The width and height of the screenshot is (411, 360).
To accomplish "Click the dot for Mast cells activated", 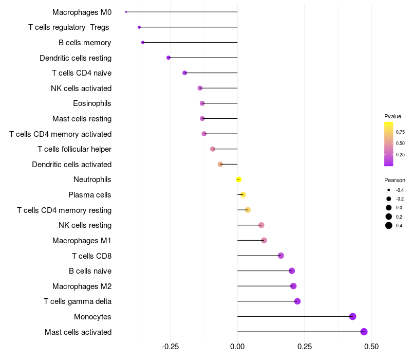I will pos(364,332).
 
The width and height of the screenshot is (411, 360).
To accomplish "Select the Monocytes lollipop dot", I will pos(352,316).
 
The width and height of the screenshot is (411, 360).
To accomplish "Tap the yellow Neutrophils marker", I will pos(238,179).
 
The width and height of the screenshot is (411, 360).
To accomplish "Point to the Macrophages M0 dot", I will pos(126,12).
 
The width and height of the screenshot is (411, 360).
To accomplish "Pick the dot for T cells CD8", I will pos(281,256).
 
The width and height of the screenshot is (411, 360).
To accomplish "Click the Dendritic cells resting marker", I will pos(169,58).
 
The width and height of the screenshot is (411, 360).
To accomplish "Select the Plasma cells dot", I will pos(243,194).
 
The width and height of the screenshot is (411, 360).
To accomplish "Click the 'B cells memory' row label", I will pos(85,43).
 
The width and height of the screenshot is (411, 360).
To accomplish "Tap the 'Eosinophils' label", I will pos(92,103).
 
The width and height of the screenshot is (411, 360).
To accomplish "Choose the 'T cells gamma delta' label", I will pos(78,301).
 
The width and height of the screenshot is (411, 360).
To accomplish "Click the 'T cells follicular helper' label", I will pos(74,149).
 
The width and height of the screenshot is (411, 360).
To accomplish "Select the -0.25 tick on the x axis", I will pos(171,347).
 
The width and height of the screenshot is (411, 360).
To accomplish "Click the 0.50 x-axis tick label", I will pos(371,347).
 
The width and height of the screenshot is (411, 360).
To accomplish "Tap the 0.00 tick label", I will pos(237,347).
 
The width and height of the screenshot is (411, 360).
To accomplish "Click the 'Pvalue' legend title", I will pos(393,116).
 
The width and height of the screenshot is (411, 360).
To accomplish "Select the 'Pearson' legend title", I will pos(395,180).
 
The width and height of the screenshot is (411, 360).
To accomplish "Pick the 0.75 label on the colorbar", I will pos(400,132).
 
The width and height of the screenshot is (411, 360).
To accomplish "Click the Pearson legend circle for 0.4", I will pos(389,225).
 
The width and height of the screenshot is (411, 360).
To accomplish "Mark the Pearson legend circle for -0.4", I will pos(389,190).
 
